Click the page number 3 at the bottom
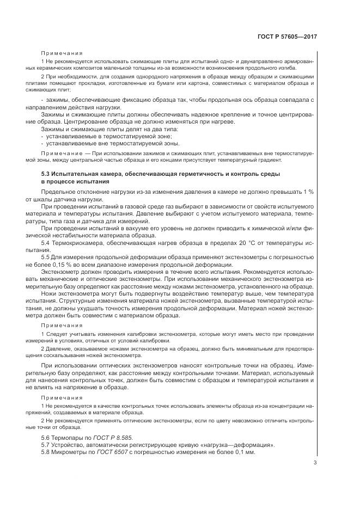coord(315,463)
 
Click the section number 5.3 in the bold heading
coord(46,173)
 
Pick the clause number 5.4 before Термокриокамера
coord(46,241)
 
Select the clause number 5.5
coord(46,256)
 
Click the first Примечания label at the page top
coord(62,54)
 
